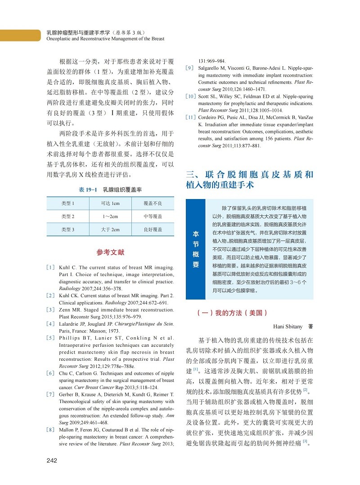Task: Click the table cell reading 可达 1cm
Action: coord(110,204)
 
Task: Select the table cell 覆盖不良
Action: coord(153,204)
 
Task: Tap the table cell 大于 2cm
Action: coord(110,230)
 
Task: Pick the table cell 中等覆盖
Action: coord(153,217)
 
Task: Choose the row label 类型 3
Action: coord(67,230)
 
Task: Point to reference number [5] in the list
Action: coord(51,338)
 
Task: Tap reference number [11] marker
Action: coord(191,118)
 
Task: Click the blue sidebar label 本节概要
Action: coord(196,249)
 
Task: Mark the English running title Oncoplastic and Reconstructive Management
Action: coord(105,39)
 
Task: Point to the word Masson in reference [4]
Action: coord(98,330)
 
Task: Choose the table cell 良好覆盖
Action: coord(153,230)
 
